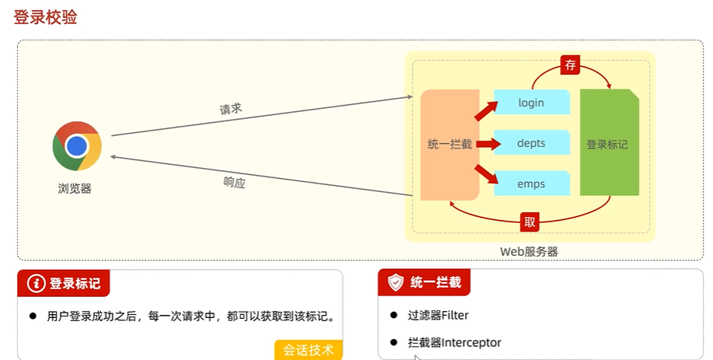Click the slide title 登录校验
(x=45, y=17)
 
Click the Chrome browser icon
(x=77, y=146)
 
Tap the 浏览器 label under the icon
(x=75, y=188)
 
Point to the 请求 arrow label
(x=231, y=109)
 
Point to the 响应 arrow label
(x=234, y=183)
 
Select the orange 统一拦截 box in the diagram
(x=449, y=144)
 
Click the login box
(x=532, y=103)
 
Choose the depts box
(x=532, y=144)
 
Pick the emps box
(x=532, y=184)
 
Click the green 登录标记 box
(x=609, y=144)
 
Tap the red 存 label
(x=571, y=65)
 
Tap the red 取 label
(x=530, y=222)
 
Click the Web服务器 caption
(x=529, y=251)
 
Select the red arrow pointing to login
(x=484, y=111)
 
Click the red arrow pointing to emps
(x=485, y=175)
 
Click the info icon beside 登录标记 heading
(x=36, y=283)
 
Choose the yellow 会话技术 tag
(x=308, y=350)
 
